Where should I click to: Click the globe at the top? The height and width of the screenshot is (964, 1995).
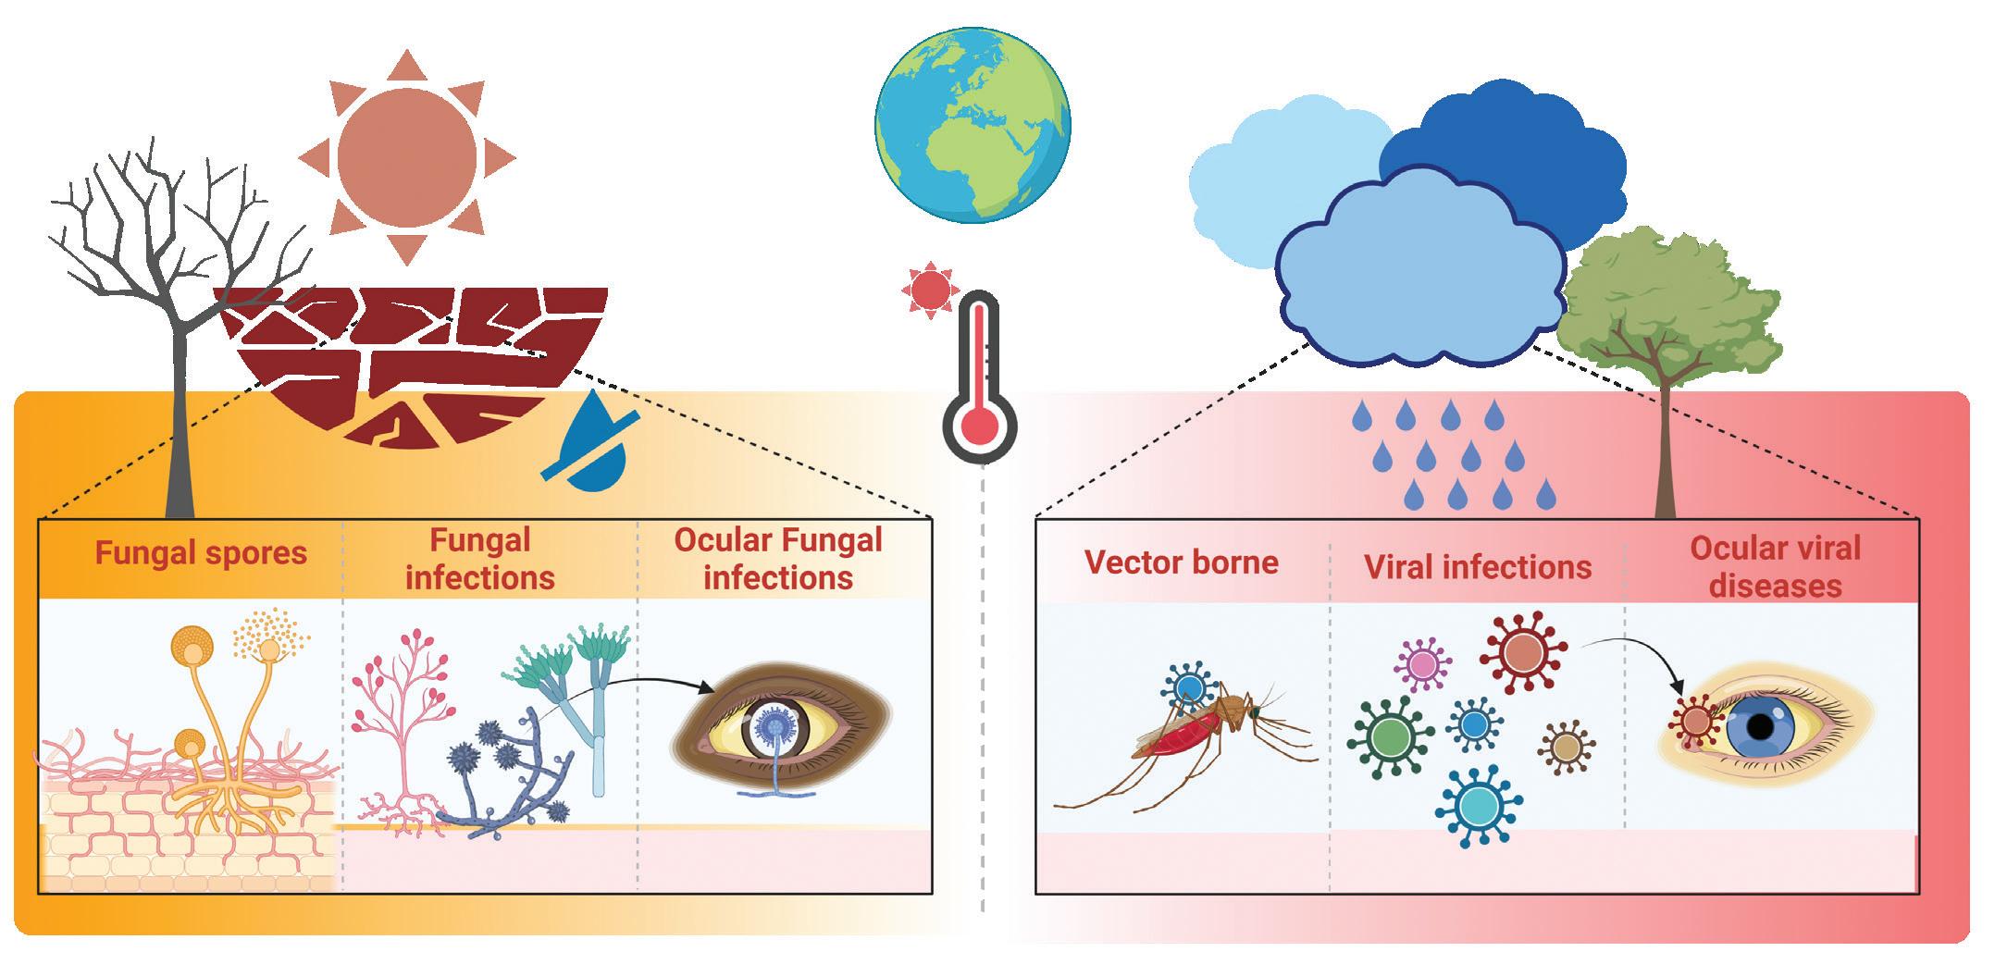[973, 127]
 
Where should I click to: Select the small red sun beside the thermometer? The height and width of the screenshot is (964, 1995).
[929, 289]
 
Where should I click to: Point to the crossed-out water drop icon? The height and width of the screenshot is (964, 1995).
[592, 441]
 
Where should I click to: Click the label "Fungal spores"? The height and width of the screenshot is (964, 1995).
[201, 553]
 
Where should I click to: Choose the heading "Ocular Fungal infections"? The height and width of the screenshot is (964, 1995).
[777, 559]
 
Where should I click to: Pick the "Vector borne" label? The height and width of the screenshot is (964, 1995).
[1182, 562]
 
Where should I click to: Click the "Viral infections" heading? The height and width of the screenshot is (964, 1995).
[1478, 567]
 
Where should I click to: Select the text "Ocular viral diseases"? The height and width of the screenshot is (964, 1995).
[1775, 566]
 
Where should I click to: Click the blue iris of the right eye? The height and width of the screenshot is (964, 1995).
[1759, 727]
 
